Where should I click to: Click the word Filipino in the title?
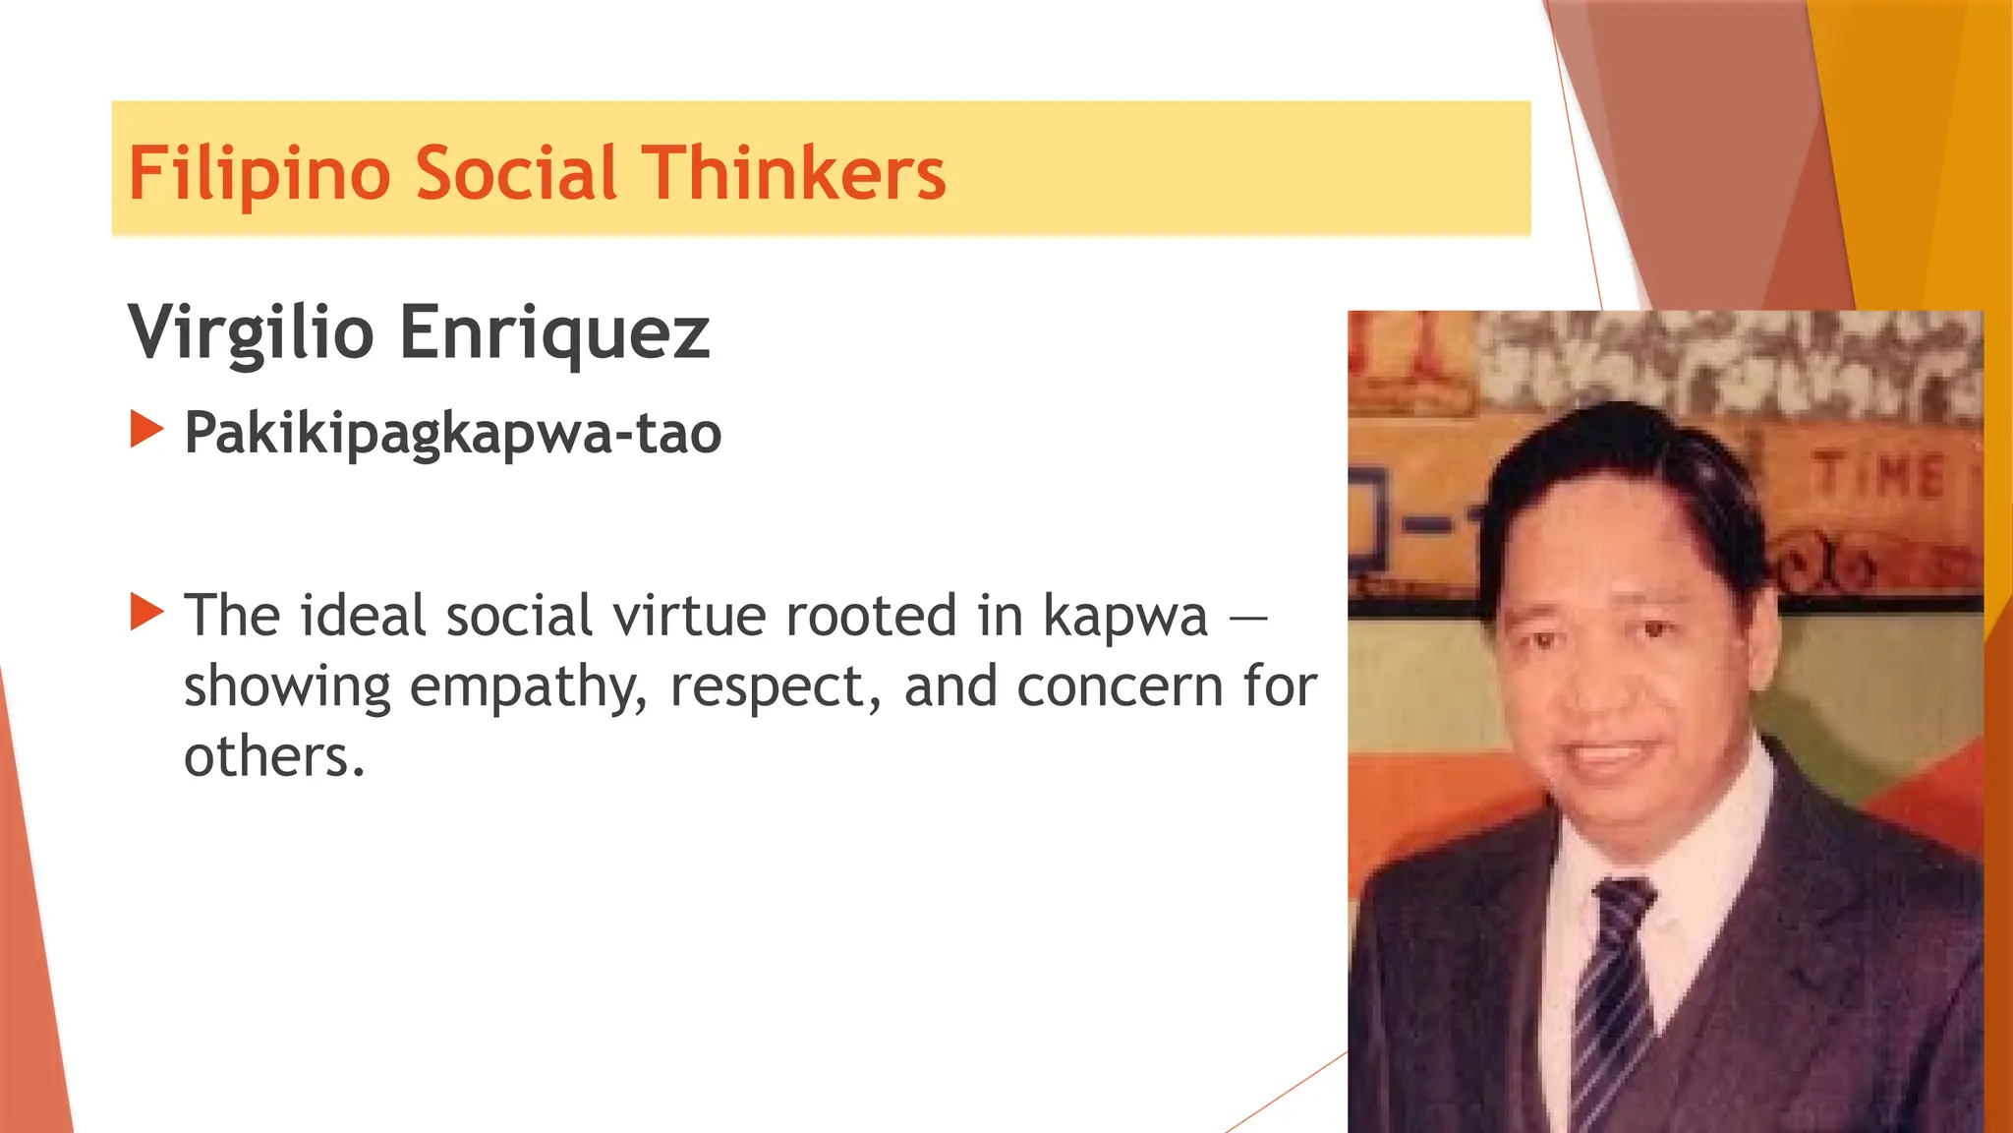(x=259, y=174)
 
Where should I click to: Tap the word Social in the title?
(x=516, y=174)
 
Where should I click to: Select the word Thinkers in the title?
(x=793, y=174)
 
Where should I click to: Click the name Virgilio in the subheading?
(x=251, y=332)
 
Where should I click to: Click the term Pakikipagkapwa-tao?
(x=452, y=433)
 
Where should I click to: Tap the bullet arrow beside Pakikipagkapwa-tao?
(x=146, y=430)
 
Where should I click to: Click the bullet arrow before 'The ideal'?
(x=146, y=612)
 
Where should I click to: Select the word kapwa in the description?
(x=1124, y=618)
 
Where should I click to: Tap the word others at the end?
(x=273, y=757)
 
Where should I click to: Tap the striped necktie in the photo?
(x=1612, y=993)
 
